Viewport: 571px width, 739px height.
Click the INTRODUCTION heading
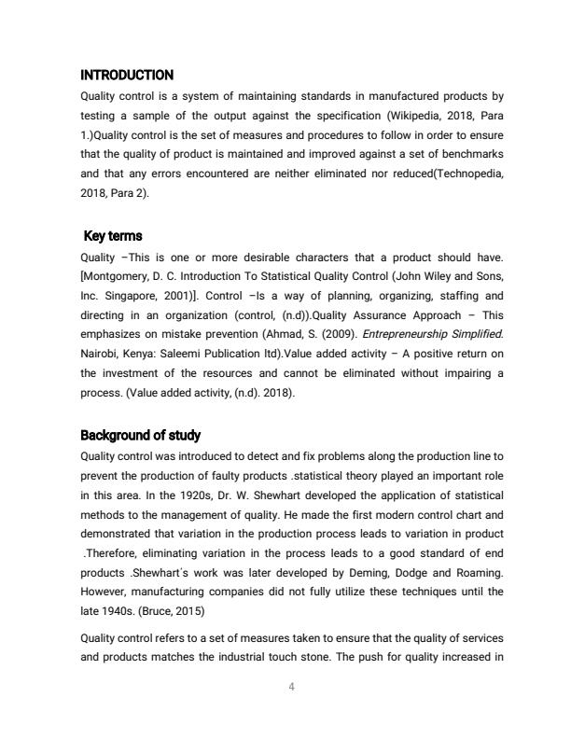(x=127, y=75)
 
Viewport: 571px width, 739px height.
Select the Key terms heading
(x=113, y=236)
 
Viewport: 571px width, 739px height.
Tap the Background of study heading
(x=140, y=436)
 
